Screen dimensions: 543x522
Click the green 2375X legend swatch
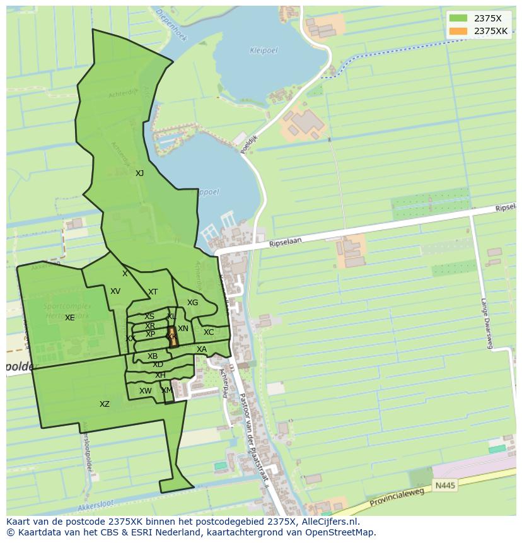coord(458,18)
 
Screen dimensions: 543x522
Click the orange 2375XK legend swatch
coord(458,31)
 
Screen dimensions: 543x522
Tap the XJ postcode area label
coord(139,173)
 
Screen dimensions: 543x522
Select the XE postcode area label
coord(69,318)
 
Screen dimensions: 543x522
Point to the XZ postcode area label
coord(105,404)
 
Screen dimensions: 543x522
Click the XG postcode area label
coord(192,303)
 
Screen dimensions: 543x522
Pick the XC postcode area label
coord(209,332)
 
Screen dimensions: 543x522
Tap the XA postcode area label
coord(202,349)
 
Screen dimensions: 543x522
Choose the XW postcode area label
coord(146,391)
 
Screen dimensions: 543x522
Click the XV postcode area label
coord(115,291)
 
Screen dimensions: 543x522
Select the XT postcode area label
coord(153,292)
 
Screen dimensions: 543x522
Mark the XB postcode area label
coord(153,356)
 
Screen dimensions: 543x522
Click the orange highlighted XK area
coord(172,337)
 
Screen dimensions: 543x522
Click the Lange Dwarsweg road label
coord(486,323)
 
